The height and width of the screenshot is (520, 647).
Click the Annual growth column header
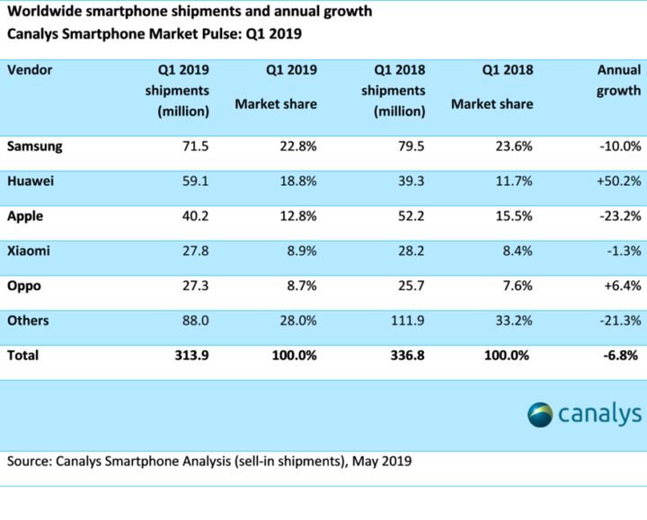(x=617, y=80)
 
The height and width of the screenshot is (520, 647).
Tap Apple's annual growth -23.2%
(x=618, y=216)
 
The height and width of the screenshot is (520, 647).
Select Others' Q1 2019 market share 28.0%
(x=295, y=321)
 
